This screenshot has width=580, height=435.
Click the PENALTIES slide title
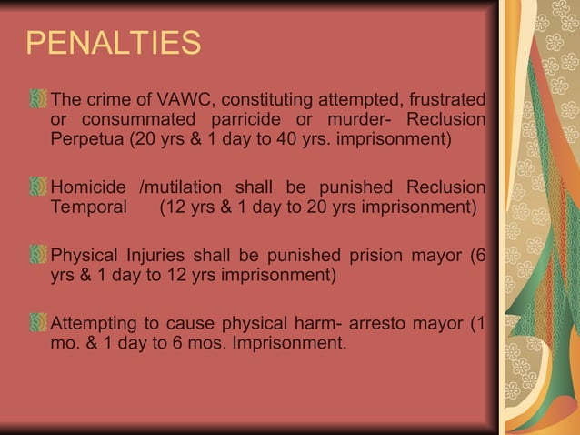coord(113,44)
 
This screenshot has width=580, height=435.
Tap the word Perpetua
coord(86,140)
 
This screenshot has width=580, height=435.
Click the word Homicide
coord(90,187)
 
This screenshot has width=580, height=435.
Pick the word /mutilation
coord(179,187)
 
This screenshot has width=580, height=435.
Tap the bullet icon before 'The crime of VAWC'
coord(38,98)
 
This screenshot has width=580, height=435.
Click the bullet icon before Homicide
coord(38,187)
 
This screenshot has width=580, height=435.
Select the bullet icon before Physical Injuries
coord(38,254)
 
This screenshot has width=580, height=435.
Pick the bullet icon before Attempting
coord(38,322)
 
